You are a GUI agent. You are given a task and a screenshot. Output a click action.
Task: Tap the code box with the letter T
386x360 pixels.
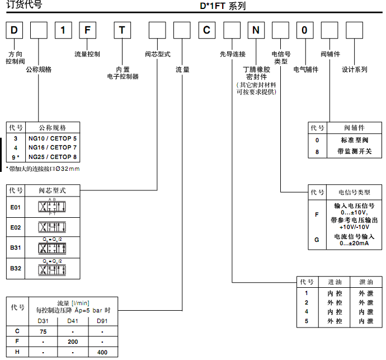click(x=123, y=30)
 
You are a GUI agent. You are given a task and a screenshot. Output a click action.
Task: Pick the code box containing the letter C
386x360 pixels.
click(x=207, y=30)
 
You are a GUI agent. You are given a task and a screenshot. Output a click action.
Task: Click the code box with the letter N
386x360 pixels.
click(x=256, y=30)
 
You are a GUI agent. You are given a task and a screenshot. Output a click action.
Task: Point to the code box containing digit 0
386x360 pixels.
click(x=305, y=30)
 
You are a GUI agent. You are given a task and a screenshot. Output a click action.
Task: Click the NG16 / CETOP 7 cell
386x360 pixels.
click(x=53, y=147)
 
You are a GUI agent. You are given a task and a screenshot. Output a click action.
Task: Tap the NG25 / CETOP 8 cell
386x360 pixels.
click(x=53, y=157)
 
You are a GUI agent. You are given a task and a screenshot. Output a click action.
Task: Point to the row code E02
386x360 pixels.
click(x=16, y=228)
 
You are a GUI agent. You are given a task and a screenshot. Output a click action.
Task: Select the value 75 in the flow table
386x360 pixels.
click(x=43, y=331)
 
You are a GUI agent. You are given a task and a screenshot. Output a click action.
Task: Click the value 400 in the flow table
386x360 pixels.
click(x=102, y=352)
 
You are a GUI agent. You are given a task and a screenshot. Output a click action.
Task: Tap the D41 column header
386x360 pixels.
click(x=73, y=321)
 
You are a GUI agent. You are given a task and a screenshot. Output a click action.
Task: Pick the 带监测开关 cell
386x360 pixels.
click(x=354, y=151)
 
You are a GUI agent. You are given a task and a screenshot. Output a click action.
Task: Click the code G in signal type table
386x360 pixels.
click(x=317, y=240)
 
